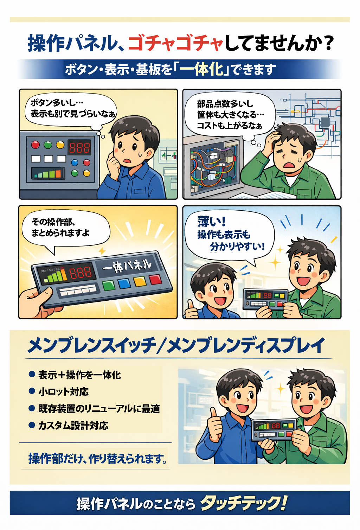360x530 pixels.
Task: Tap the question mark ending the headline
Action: tap(328, 43)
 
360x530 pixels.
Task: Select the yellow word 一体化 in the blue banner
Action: tap(201, 69)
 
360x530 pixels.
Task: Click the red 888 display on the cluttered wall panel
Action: tap(79, 147)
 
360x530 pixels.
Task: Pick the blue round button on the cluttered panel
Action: tap(75, 162)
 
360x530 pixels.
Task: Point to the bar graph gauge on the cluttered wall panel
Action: tap(48, 173)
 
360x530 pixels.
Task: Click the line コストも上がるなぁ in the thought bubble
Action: tap(230, 126)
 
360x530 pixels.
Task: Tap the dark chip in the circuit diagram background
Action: tap(325, 122)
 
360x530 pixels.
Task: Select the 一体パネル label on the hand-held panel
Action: tap(127, 266)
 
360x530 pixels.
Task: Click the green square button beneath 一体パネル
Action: tap(109, 285)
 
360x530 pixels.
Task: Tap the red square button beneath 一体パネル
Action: tap(155, 280)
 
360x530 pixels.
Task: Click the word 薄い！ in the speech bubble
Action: tap(211, 222)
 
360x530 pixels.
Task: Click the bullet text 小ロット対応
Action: tap(64, 392)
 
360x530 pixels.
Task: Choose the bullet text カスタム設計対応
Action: tap(73, 426)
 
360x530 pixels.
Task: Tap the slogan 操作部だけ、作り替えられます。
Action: tap(97, 459)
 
